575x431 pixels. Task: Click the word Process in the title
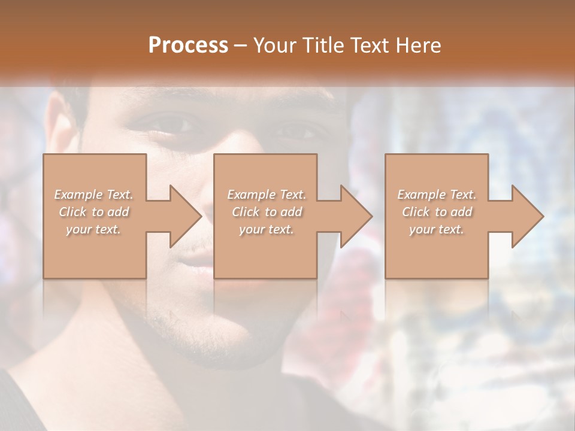tap(188, 45)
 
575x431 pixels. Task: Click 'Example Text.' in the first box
tap(93, 195)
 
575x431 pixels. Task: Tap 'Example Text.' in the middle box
tap(266, 195)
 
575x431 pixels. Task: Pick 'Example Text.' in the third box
tap(436, 195)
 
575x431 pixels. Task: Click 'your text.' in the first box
tap(93, 229)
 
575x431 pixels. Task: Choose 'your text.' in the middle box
tap(266, 229)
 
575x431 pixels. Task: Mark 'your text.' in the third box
tap(436, 229)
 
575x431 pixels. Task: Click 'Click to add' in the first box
tap(93, 212)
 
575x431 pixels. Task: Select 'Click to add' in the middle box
tap(266, 212)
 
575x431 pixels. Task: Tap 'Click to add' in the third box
tap(436, 212)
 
